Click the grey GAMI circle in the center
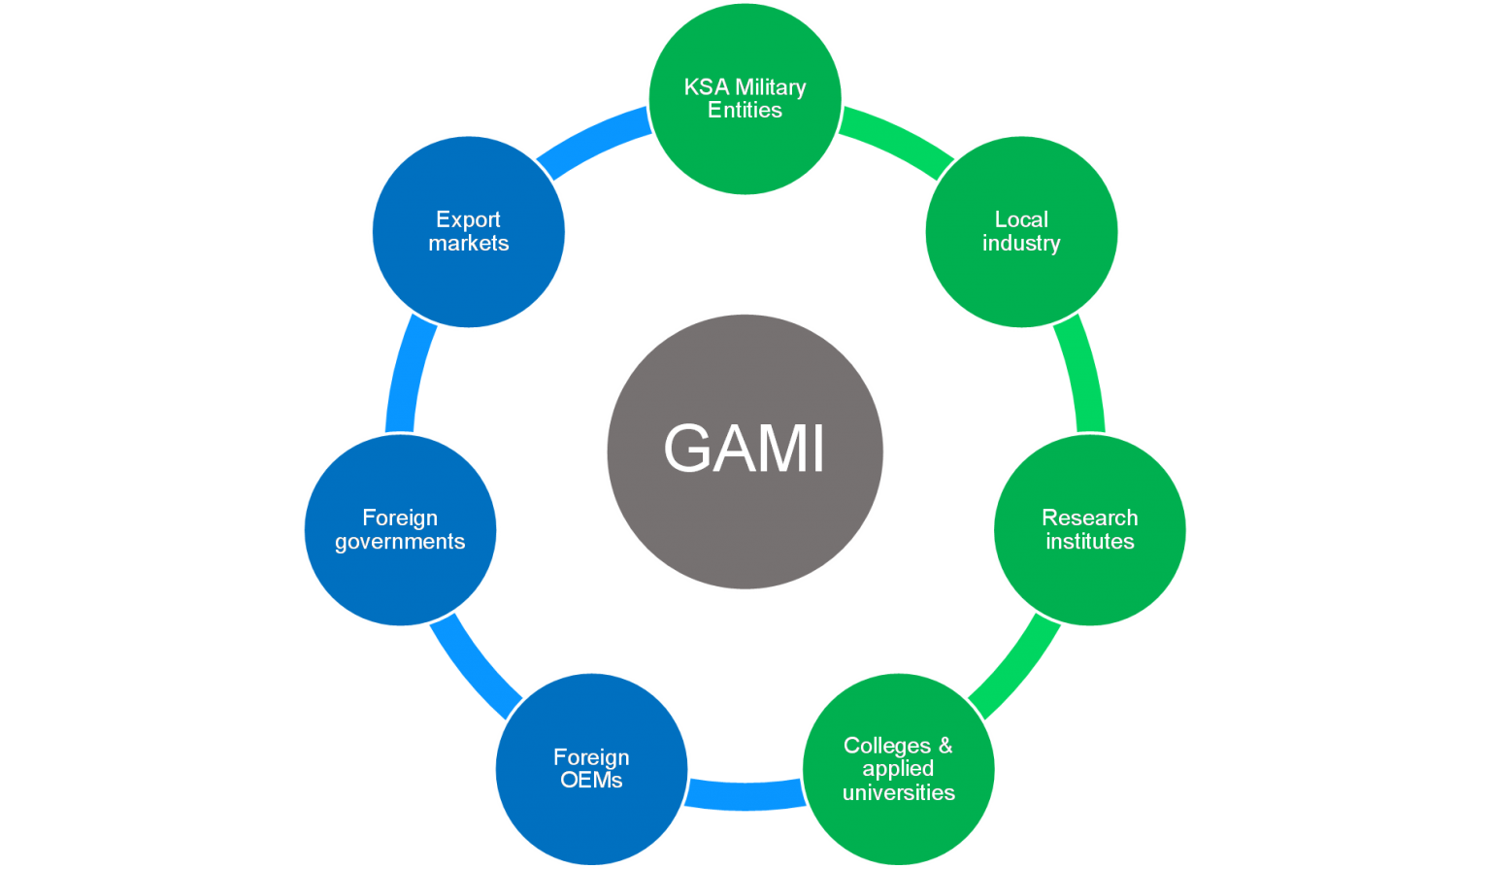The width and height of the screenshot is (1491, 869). click(x=745, y=451)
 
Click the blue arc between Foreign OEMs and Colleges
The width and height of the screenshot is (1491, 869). click(x=745, y=795)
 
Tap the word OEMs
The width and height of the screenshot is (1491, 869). click(x=591, y=780)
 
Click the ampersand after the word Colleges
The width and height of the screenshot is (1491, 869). click(x=944, y=746)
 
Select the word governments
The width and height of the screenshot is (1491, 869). click(x=400, y=542)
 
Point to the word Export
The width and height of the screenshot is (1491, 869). click(x=468, y=220)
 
